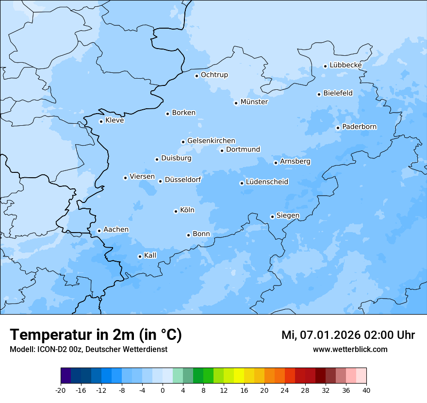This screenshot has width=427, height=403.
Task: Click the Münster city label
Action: point(254,102)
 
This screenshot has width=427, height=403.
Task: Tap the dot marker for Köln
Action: point(176,211)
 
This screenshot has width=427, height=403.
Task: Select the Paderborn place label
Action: point(359,127)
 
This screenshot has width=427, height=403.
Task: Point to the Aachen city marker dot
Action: point(99,231)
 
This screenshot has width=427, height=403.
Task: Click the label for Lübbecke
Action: point(345,65)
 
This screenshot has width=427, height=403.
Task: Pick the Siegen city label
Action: point(288,216)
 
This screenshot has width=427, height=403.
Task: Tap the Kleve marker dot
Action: point(101,121)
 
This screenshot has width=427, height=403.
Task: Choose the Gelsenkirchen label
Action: point(211,141)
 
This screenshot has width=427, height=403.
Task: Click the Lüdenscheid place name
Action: point(267,182)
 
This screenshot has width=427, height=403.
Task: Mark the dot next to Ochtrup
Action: point(197,76)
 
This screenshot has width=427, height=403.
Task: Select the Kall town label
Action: point(150,255)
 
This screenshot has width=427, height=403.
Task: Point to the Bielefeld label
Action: point(338,93)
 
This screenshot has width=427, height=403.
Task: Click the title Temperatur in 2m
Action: point(96,335)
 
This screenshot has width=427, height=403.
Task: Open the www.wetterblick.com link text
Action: point(350,349)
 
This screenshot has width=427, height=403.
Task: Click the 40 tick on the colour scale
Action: point(366,390)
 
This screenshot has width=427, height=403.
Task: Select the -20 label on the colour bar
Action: point(61,390)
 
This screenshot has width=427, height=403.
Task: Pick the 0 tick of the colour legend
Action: point(163,390)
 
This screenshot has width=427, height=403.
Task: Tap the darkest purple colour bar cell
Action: point(66,376)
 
